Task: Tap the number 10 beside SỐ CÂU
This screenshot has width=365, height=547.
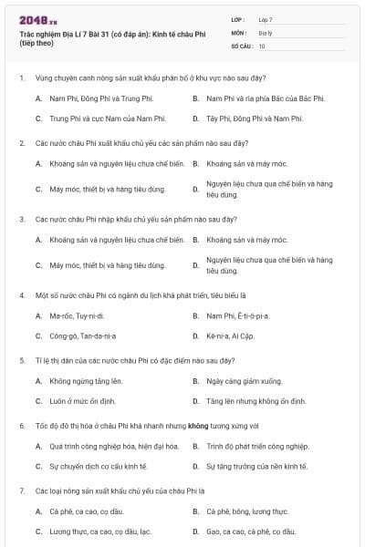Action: pos(262,45)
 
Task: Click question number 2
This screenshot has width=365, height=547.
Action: pos(21,143)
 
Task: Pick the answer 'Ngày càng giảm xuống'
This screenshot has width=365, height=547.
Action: pos(244,380)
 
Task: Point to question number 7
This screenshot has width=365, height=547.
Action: pos(21,490)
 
